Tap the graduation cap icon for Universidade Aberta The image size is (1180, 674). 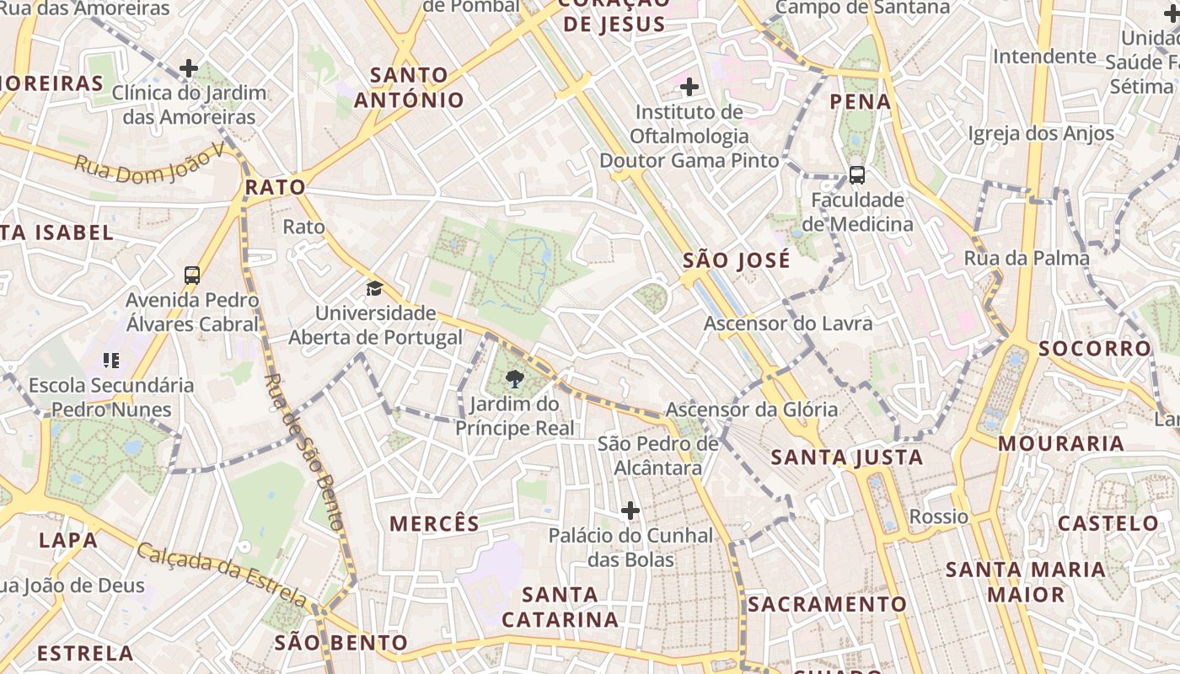(x=374, y=289)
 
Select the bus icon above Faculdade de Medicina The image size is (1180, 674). (x=857, y=175)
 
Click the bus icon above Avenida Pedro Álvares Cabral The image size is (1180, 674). (x=192, y=275)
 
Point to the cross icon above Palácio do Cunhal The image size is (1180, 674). (x=630, y=511)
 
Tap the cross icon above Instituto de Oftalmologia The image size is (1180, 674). (x=689, y=86)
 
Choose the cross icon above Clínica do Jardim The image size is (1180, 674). (x=189, y=68)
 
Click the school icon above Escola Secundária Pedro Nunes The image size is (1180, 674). (x=111, y=361)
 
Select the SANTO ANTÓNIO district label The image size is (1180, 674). (x=409, y=88)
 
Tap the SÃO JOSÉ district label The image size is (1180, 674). (x=737, y=260)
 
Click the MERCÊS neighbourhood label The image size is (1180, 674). (x=434, y=523)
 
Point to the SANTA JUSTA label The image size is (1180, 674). (x=847, y=457)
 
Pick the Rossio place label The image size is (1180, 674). (x=939, y=516)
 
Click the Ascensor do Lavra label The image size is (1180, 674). (x=788, y=324)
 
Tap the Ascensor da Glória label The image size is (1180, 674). (x=752, y=410)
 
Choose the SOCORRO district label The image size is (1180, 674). (x=1094, y=349)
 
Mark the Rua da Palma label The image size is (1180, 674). (x=1027, y=259)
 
